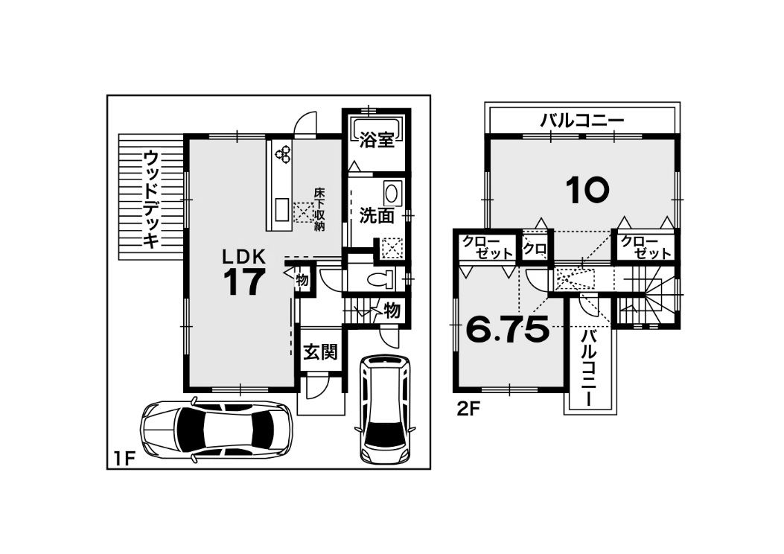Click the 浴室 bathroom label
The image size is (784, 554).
tap(377, 141)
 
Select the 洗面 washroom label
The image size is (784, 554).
tap(377, 216)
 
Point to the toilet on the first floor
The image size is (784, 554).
tap(381, 280)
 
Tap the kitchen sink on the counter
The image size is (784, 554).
tap(281, 210)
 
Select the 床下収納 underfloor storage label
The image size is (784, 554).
tap(319, 209)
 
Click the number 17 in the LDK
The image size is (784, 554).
tap(243, 281)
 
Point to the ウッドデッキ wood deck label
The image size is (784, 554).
tap(150, 200)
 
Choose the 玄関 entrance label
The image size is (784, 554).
tap(320, 352)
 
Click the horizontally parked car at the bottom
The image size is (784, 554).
tap(217, 430)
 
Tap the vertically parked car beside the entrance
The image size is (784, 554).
tap(383, 408)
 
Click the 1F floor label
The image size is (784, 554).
tap(123, 459)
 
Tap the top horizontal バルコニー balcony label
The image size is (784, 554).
tap(582, 121)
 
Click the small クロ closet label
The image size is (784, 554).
tap(535, 247)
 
